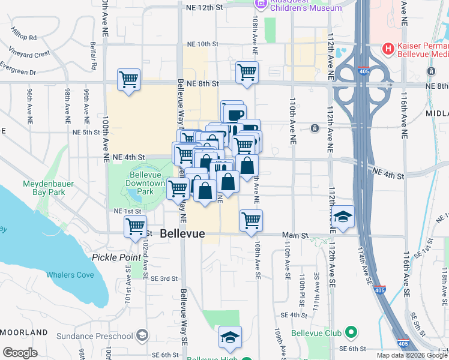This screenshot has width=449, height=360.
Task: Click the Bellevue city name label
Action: pos(182,234)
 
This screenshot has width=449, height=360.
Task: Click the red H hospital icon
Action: pos(388,48)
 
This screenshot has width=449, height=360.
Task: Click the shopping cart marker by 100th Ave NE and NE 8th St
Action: pos(129,79)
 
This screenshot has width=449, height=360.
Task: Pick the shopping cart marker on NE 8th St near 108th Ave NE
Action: pos(247,73)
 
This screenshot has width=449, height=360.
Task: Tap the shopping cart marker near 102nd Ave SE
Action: pos(136,227)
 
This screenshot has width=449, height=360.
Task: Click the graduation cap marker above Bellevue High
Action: pos(230,338)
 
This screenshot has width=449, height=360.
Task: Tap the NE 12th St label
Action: pos(204,8)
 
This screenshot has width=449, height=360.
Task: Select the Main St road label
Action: pos(295,236)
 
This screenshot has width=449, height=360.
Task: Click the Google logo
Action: pos(21,353)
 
